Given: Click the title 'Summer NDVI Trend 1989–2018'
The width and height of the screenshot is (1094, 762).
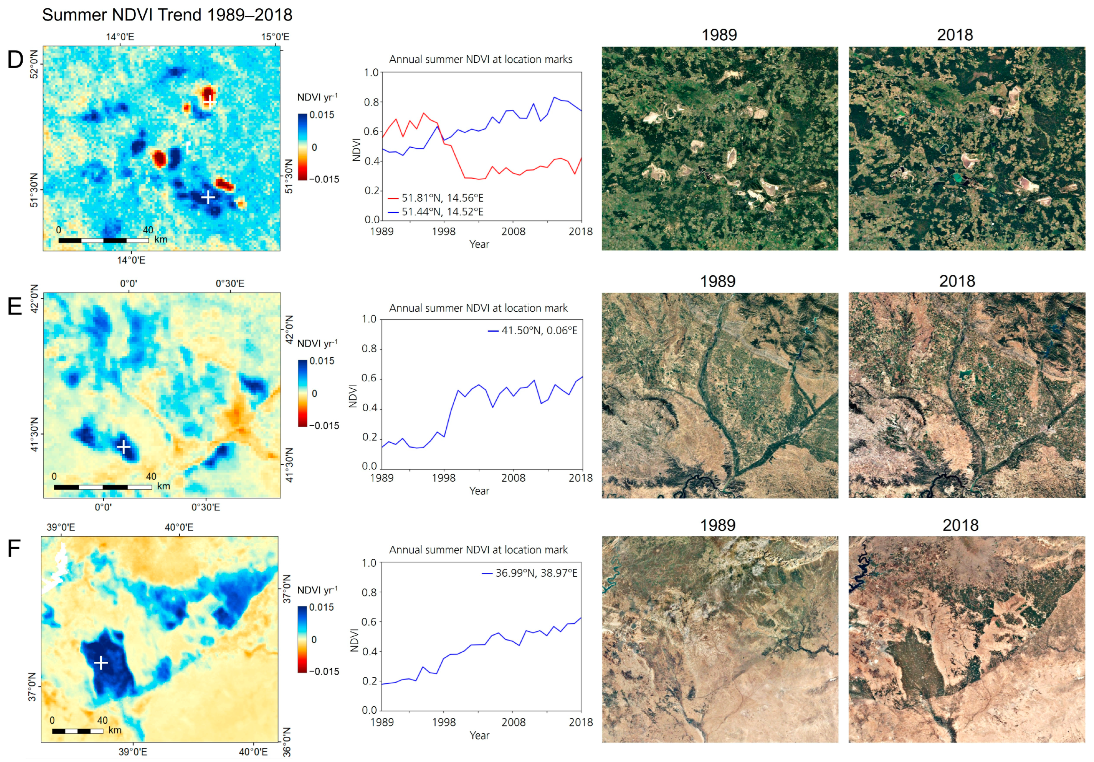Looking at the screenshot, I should (167, 15).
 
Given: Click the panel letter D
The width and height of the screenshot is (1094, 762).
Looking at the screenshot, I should (15, 60).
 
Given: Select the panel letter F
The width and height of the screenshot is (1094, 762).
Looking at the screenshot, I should (14, 548).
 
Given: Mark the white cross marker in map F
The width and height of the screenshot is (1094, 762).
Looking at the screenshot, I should (101, 662).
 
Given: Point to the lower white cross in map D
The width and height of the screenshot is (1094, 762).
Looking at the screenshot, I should (208, 197).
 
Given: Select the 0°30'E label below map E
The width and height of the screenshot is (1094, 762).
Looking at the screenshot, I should (206, 507).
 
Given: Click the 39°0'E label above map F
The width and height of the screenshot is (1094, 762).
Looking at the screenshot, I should (61, 527).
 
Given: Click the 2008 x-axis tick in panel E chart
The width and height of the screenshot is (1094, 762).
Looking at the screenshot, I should (513, 477).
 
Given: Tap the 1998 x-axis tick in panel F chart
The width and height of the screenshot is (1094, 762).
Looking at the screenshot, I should (444, 722).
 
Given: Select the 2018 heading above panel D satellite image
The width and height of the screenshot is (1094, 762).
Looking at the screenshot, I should (955, 35).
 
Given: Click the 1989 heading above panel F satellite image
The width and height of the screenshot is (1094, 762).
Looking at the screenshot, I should (718, 525).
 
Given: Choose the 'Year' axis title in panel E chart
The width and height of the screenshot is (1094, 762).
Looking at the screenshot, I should (479, 491).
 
